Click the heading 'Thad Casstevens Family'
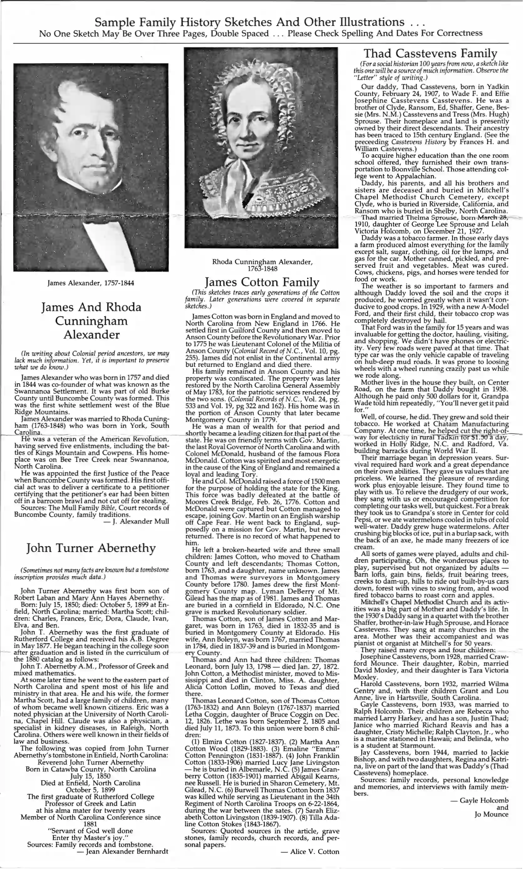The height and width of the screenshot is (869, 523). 430,54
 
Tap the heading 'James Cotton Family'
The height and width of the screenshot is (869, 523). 262,282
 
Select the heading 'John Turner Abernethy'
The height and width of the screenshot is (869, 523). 91,548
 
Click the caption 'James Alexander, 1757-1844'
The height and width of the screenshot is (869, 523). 91,283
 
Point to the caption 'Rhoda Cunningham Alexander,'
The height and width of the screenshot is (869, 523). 262,262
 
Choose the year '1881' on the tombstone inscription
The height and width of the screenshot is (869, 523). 91,824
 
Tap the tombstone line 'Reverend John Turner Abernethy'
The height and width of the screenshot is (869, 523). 91,763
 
